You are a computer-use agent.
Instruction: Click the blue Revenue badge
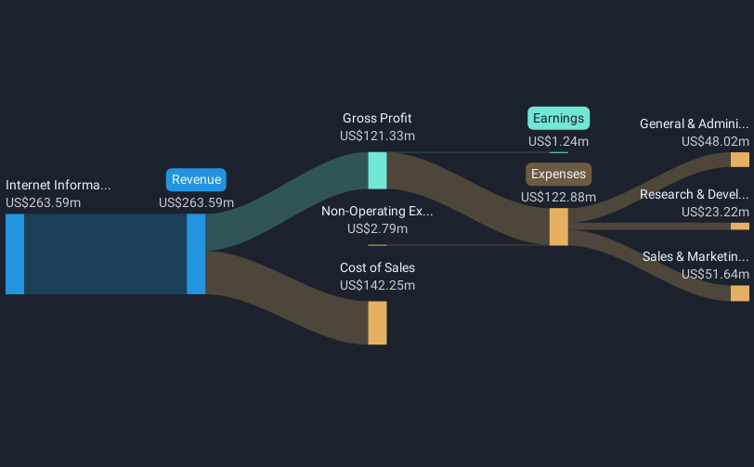pyautogui.click(x=196, y=180)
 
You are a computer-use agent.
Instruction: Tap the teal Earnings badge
pyautogui.click(x=559, y=118)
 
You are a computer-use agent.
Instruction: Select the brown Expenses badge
pyautogui.click(x=559, y=174)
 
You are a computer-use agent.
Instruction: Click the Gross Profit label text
pyautogui.click(x=377, y=118)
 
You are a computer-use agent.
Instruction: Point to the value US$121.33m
pyautogui.click(x=377, y=136)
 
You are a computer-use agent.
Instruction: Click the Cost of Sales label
pyautogui.click(x=377, y=267)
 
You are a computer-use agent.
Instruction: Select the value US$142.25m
pyautogui.click(x=377, y=285)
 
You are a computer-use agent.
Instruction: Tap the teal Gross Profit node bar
pyautogui.click(x=377, y=171)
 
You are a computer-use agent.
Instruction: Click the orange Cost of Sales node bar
pyautogui.click(x=377, y=322)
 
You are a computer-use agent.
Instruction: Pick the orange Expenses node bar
pyautogui.click(x=558, y=227)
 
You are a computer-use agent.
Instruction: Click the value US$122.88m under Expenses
pyautogui.click(x=559, y=197)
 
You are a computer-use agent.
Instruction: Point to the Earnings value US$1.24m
pyautogui.click(x=559, y=141)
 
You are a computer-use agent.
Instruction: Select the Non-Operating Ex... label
pyautogui.click(x=377, y=211)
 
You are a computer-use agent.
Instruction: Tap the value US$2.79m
pyautogui.click(x=377, y=228)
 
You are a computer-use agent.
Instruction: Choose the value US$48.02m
pyautogui.click(x=715, y=141)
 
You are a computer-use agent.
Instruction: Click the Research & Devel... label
pyautogui.click(x=694, y=194)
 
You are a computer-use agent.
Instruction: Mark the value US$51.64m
pyautogui.click(x=715, y=274)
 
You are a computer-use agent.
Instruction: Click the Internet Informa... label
pyautogui.click(x=58, y=185)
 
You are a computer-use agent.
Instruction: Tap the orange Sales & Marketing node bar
pyautogui.click(x=739, y=293)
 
